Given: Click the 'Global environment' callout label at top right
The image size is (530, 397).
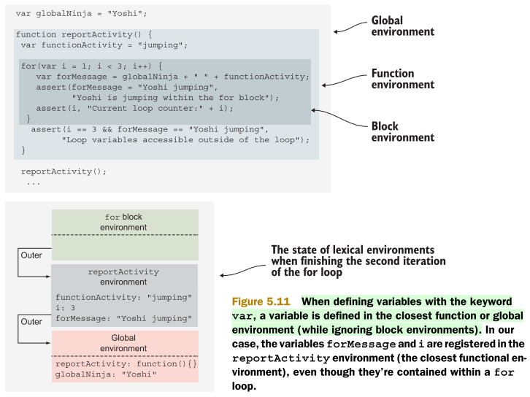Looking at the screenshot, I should tap(402, 26).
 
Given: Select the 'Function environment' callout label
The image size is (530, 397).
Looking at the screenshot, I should tap(402, 79).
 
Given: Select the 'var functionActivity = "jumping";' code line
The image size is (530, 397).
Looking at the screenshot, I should tap(104, 45).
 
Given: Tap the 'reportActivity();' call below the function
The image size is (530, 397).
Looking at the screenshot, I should tap(64, 171).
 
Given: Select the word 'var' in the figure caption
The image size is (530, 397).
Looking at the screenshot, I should tap(242, 315).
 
